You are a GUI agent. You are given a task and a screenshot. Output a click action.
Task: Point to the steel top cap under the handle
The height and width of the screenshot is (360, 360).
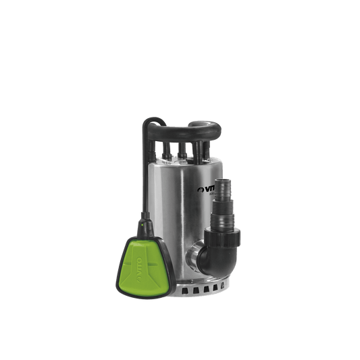point(182,159)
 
